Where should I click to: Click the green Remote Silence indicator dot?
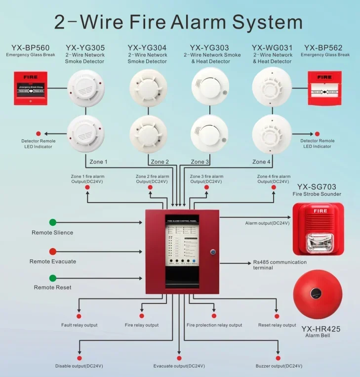(x=53, y=222)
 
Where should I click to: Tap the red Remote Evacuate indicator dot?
(x=53, y=251)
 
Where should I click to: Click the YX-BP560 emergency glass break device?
(x=31, y=88)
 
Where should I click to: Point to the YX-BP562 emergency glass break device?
(x=324, y=88)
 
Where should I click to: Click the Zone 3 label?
(x=200, y=162)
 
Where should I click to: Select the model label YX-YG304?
(x=147, y=48)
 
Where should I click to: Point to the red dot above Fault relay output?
(x=79, y=316)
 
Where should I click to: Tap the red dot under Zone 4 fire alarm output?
(x=274, y=187)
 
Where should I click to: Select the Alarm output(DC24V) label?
(x=267, y=223)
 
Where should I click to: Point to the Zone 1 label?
(x=98, y=162)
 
